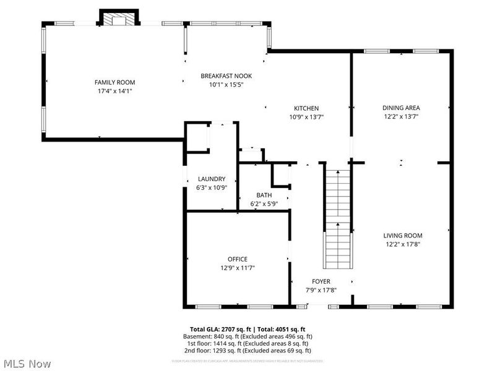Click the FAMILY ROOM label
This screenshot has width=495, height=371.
(x=114, y=82)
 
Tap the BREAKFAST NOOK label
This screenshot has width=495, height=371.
(x=226, y=76)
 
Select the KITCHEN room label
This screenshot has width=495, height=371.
(x=306, y=108)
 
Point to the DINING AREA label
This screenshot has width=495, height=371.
(x=401, y=108)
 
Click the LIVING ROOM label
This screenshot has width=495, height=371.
(x=402, y=235)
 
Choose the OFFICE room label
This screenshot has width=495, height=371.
(x=237, y=259)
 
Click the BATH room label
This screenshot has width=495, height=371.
(x=264, y=195)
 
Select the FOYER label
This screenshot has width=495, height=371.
(x=321, y=281)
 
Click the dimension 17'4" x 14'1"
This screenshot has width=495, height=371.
(x=114, y=91)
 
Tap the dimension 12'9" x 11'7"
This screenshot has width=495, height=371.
(x=237, y=268)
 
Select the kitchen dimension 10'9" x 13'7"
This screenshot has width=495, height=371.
(x=306, y=116)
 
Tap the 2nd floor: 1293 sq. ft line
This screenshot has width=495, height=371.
(x=247, y=350)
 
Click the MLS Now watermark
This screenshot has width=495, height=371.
(x=27, y=364)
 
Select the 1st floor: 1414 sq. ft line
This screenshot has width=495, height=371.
(x=247, y=343)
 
